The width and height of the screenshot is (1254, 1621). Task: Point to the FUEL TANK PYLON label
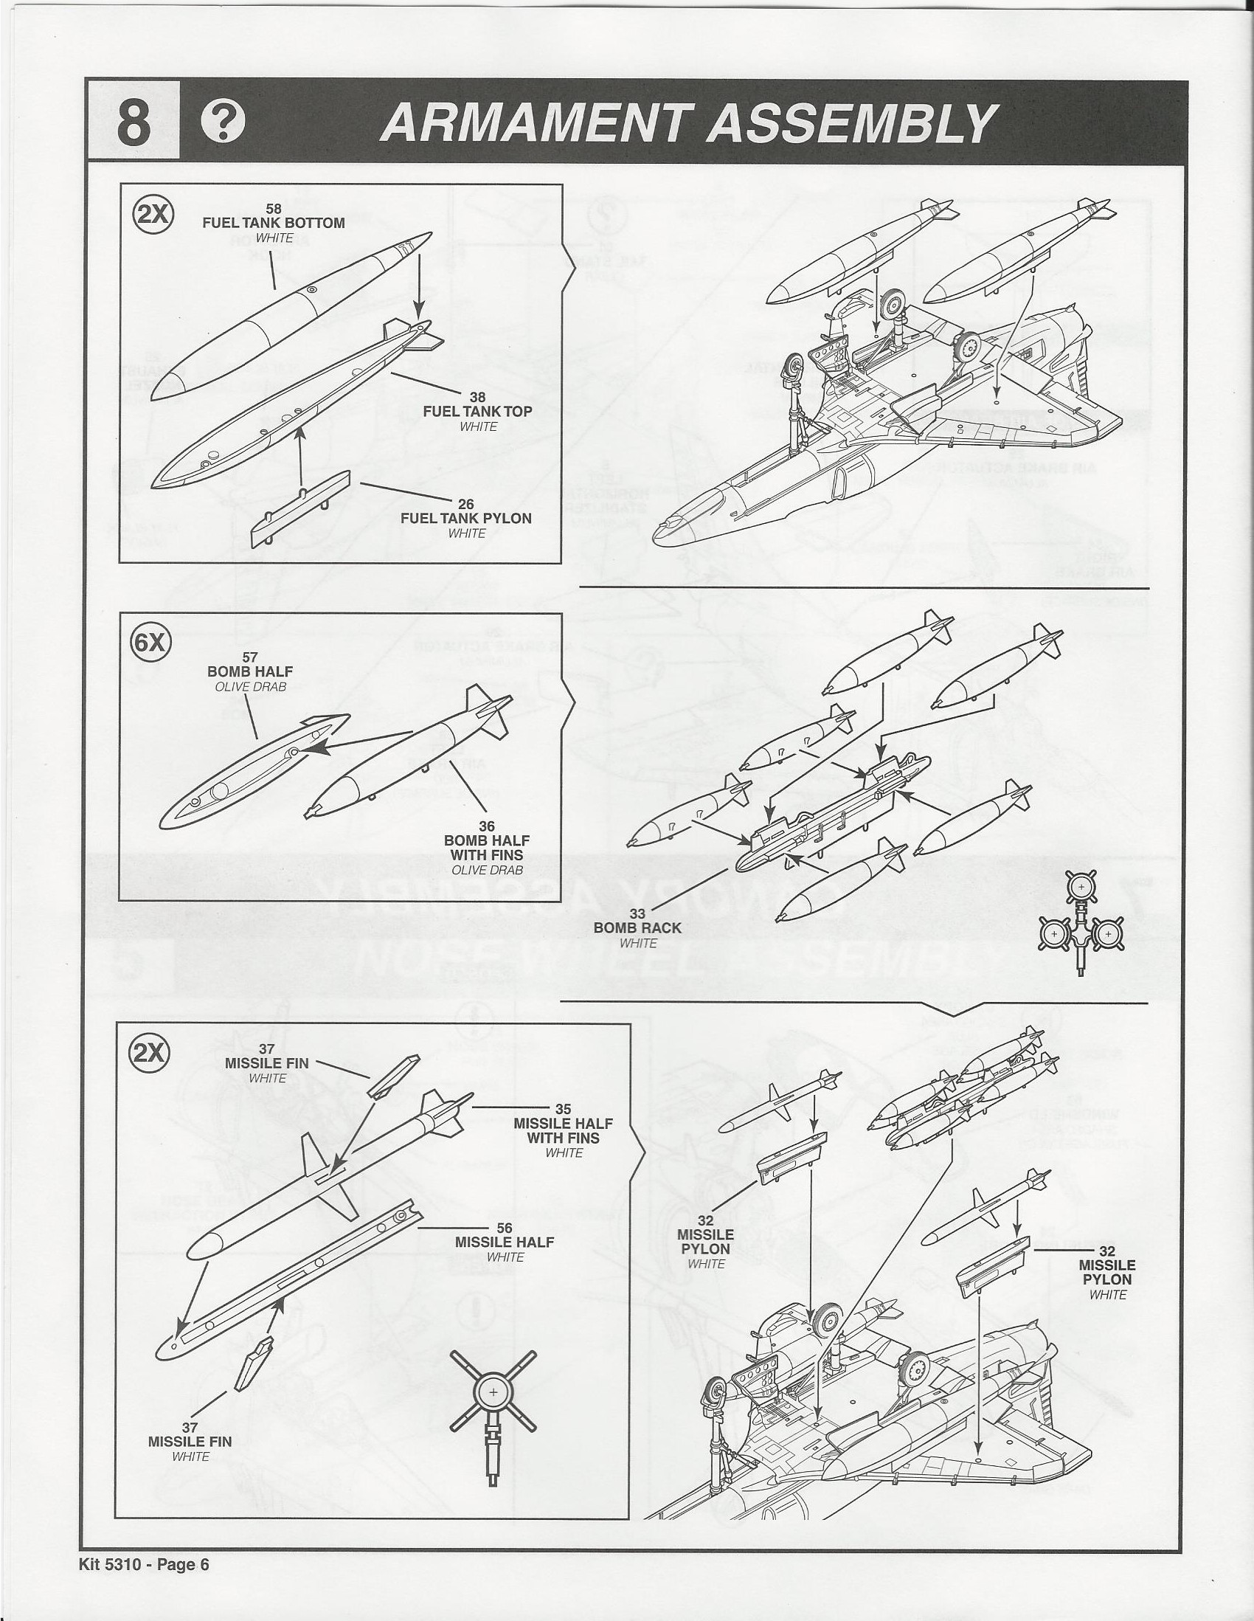pyautogui.click(x=466, y=518)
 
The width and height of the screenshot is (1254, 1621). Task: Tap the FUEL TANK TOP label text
pyautogui.click(x=477, y=411)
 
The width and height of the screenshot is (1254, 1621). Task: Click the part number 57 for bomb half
pyautogui.click(x=250, y=657)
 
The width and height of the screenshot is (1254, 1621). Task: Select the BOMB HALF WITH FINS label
pyautogui.click(x=487, y=847)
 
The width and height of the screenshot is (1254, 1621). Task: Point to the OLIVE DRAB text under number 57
pyautogui.click(x=250, y=687)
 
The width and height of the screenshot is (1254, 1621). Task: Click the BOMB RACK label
pyautogui.click(x=637, y=927)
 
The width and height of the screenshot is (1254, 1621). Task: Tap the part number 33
pyautogui.click(x=637, y=914)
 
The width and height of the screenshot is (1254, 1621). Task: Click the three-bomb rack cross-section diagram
pyautogui.click(x=1081, y=920)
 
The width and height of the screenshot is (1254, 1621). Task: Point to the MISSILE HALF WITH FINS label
pyautogui.click(x=563, y=1130)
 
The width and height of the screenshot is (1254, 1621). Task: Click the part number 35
pyautogui.click(x=563, y=1109)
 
